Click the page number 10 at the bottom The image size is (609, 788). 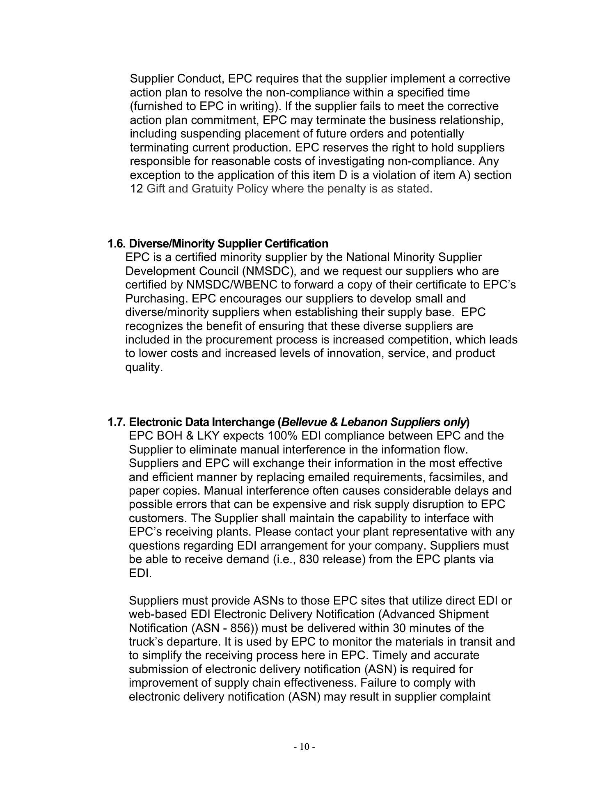click(x=304, y=747)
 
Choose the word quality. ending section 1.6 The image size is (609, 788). click(x=144, y=367)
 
